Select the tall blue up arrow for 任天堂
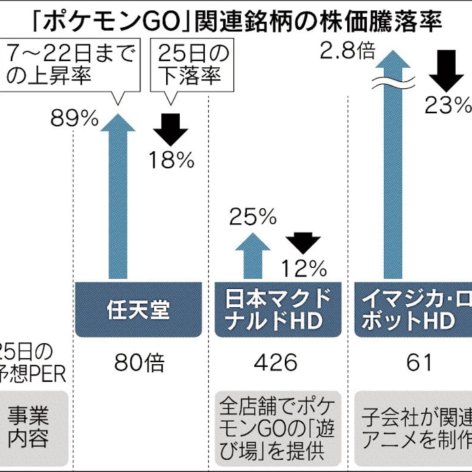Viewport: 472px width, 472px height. pos(117,197)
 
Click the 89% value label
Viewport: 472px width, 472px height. pos(75,119)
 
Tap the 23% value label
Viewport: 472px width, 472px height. pos(448,104)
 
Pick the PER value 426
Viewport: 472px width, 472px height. pos(275,363)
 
